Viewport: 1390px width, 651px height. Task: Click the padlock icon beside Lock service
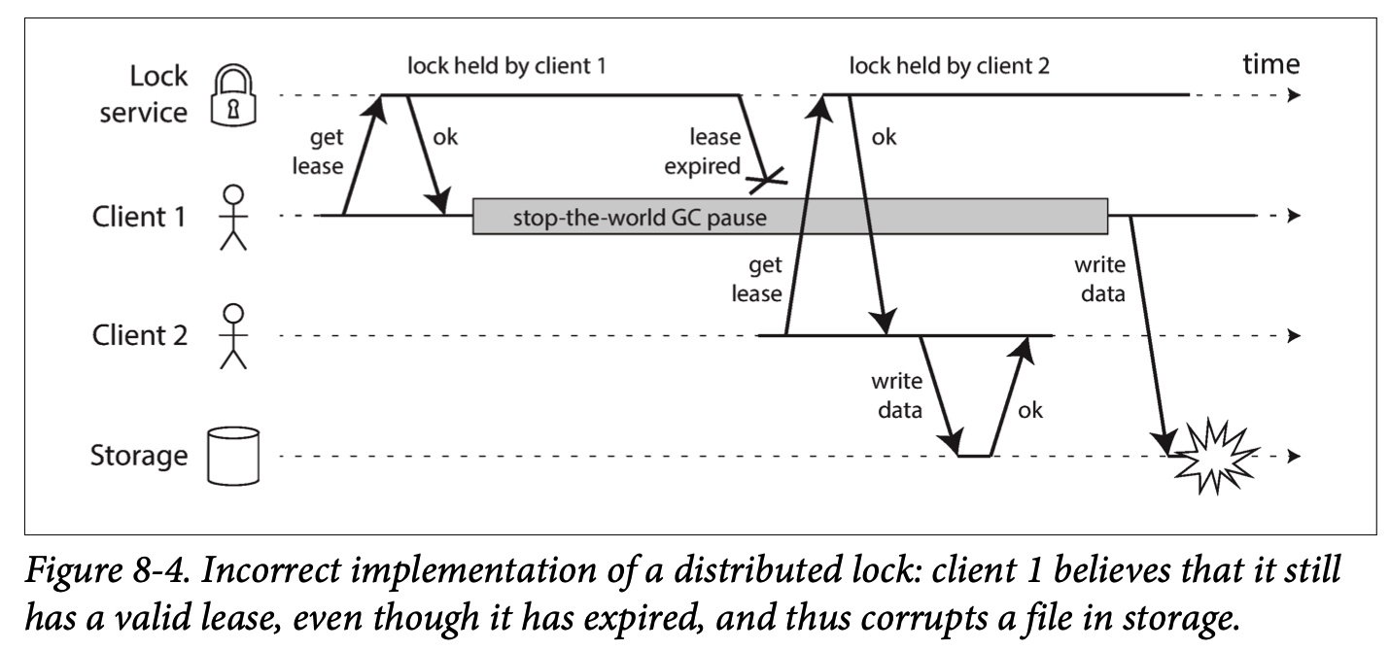[233, 95]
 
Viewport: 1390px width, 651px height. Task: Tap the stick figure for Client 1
[233, 217]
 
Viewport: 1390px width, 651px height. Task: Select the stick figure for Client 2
[233, 336]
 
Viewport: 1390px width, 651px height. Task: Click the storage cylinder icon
[233, 456]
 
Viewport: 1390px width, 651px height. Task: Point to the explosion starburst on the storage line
[1215, 457]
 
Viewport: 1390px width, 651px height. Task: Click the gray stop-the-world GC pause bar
[790, 217]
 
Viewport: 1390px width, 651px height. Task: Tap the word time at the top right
[1270, 64]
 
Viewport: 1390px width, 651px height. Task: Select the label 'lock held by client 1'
[506, 66]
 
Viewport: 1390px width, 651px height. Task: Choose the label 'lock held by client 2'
[950, 66]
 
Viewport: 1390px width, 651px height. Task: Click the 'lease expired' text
[703, 152]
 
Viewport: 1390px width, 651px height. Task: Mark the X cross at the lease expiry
[767, 181]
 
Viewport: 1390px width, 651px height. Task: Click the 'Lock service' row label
[143, 94]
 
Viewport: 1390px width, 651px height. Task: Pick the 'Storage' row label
[139, 456]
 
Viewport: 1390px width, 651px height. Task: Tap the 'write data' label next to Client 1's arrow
[1100, 279]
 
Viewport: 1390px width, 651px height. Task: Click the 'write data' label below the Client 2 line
[896, 395]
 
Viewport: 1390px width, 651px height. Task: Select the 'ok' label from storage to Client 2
[1030, 410]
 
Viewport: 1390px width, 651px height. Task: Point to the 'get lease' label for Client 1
[318, 152]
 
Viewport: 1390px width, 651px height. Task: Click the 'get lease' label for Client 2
[756, 280]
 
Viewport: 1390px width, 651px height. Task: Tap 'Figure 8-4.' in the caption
[107, 569]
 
